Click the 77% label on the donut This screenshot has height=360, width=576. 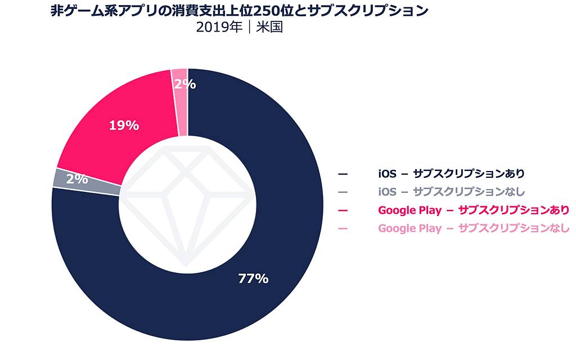click(x=253, y=278)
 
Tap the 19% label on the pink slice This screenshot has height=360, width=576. click(x=124, y=125)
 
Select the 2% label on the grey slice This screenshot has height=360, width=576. click(x=77, y=179)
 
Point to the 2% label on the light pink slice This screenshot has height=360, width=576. click(x=184, y=84)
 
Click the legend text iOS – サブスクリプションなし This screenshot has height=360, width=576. click(x=451, y=191)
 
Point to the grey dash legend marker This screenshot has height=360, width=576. click(x=343, y=192)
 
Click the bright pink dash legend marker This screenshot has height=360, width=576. click(x=343, y=210)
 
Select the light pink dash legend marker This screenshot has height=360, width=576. click(x=343, y=228)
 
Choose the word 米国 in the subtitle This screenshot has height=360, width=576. click(x=269, y=28)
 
